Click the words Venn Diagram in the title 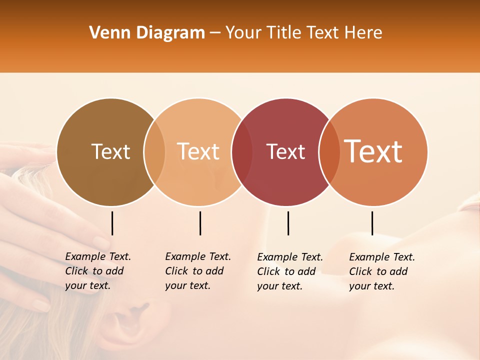[147, 33]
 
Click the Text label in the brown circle [110, 151]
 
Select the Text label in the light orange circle [198, 151]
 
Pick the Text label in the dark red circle [286, 151]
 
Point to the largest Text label [373, 151]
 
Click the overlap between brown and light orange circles [154, 152]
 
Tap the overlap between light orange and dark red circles [242, 152]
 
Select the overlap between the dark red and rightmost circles [329, 152]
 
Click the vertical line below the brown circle [112, 223]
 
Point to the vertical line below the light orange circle [200, 223]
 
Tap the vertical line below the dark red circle [288, 223]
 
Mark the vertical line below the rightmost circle [372, 223]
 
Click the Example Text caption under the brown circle [98, 271]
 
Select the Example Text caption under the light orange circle [198, 271]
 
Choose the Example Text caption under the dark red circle [290, 271]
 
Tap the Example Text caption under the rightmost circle [382, 271]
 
